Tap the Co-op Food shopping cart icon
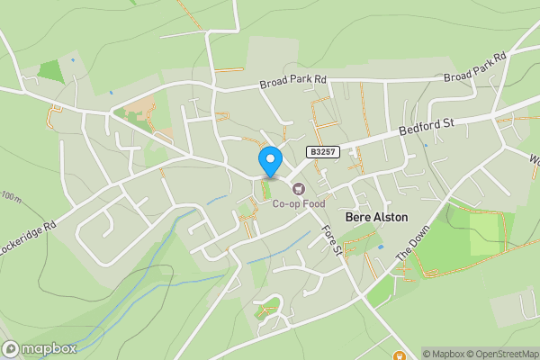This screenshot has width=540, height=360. point(298,187)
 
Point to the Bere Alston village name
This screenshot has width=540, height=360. point(376,217)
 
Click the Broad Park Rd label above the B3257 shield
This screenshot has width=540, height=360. point(292,81)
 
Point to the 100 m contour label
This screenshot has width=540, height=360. point(10,196)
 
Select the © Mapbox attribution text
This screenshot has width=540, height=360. point(443,354)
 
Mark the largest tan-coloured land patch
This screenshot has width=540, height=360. point(140,113)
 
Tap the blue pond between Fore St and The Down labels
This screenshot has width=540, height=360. point(381,246)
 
